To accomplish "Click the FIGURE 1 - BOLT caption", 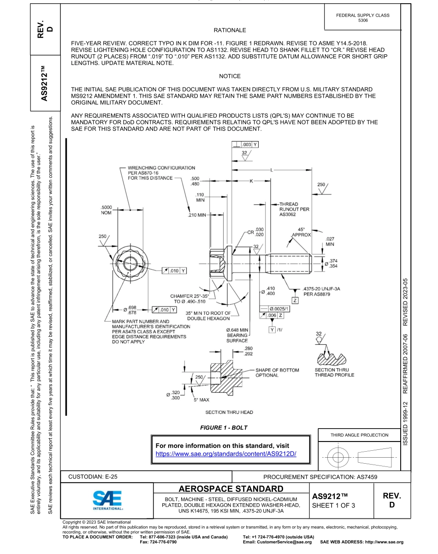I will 224,428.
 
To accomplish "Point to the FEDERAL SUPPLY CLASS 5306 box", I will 362,18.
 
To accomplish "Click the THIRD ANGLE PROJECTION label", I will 359,435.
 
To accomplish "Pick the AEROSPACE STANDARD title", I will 231,489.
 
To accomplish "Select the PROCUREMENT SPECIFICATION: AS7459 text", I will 320,477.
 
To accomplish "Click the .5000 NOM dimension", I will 106,210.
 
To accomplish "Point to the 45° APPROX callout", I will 301,232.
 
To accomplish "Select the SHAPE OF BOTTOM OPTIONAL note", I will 277,372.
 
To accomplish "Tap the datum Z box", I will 295,301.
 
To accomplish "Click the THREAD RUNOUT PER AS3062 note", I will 288,209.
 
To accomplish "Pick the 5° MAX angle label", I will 201,400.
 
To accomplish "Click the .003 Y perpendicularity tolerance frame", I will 246,144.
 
